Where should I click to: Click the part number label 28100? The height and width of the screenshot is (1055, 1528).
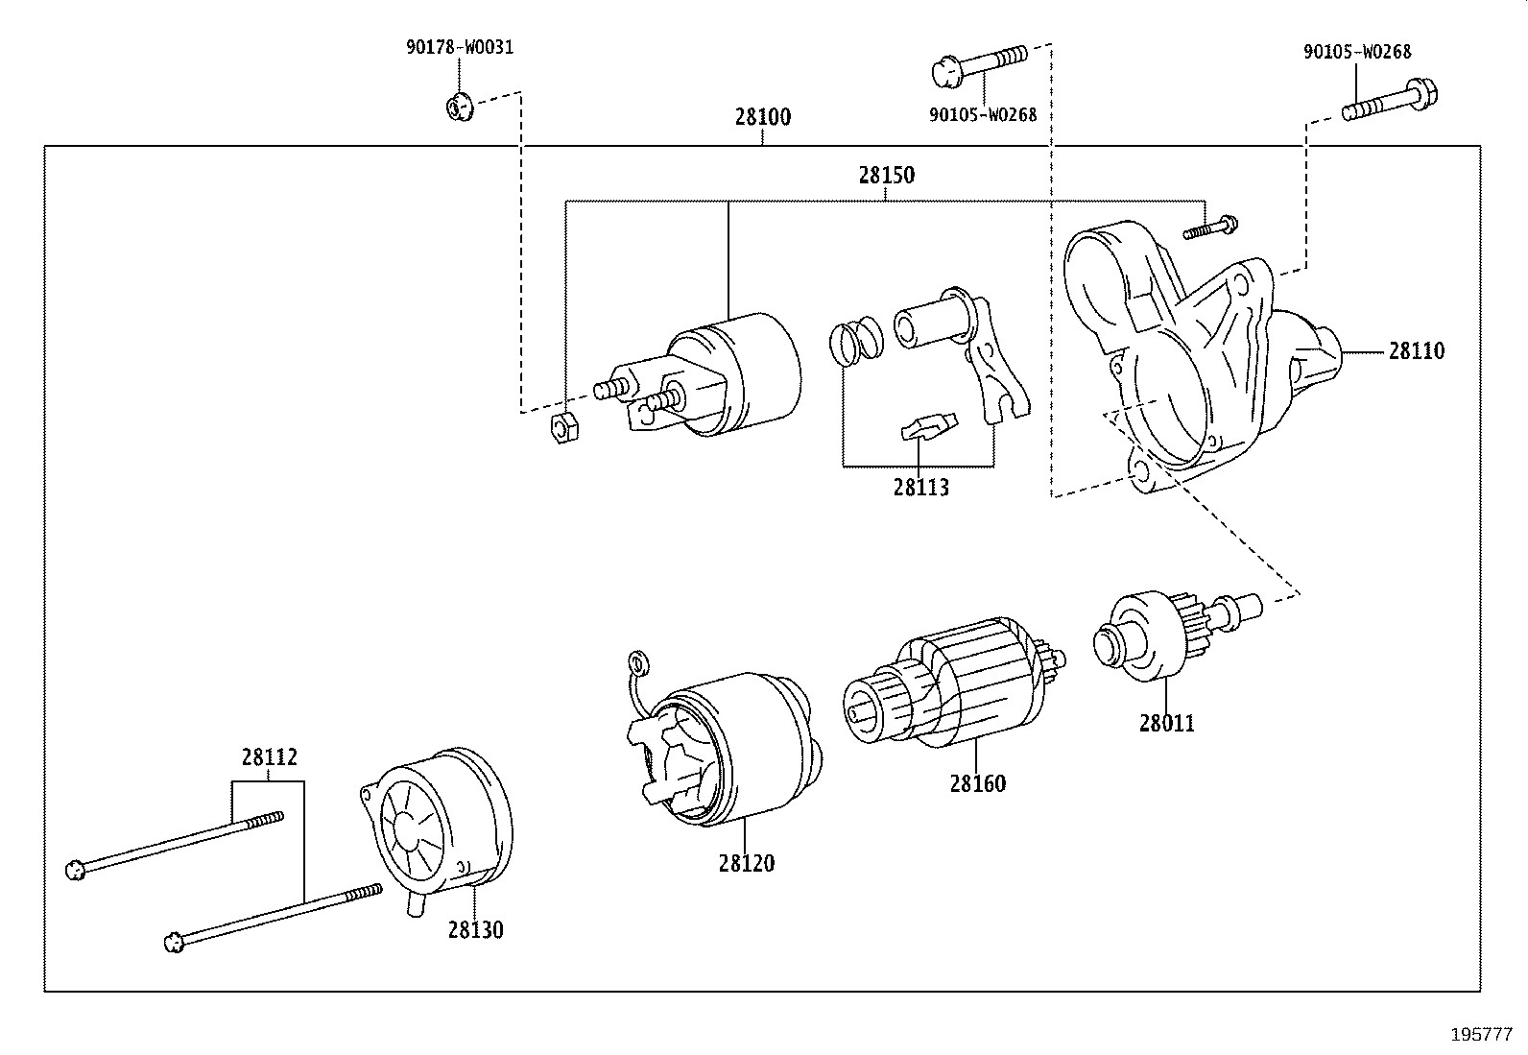763,118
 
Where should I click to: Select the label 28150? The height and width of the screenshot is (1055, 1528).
886,176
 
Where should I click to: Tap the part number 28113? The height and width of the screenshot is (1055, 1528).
920,488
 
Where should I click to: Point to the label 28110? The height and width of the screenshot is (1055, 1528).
1416,352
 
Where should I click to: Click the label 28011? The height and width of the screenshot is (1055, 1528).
1167,724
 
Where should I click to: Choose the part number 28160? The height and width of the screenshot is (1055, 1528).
978,784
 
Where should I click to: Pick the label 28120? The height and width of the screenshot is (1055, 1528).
746,863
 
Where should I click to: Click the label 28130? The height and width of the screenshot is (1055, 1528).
475,930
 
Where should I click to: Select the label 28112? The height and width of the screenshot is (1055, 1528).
269,757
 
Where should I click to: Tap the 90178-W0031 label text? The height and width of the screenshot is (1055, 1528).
459,46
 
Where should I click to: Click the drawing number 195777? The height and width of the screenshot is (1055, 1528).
1481,1035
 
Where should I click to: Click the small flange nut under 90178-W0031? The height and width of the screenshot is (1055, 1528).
459,108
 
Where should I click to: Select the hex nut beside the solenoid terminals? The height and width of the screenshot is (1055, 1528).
564,427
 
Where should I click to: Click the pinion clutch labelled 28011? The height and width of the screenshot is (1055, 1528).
1147,638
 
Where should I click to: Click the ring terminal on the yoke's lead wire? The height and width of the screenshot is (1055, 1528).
636,661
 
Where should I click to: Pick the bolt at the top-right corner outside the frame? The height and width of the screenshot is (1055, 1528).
1392,103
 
